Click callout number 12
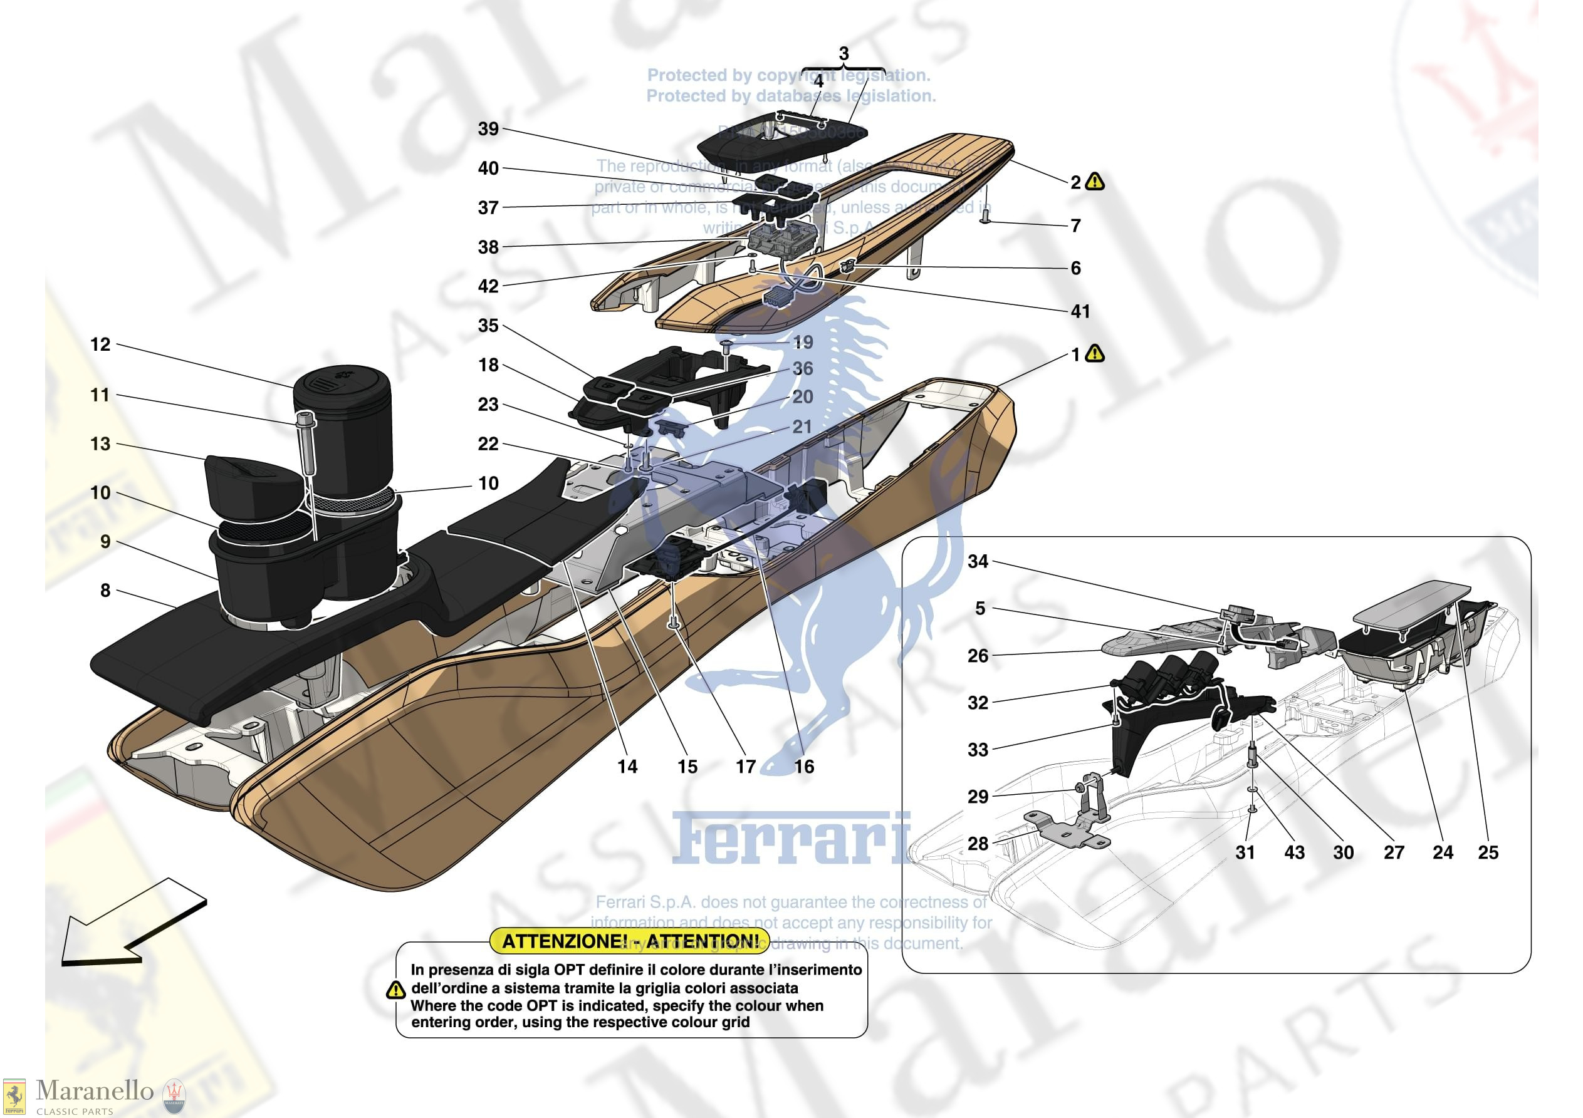point(101,344)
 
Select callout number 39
point(488,129)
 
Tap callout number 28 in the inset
point(978,843)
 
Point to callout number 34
point(978,561)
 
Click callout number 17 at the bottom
point(745,767)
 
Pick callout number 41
point(1080,311)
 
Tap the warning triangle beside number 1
point(1095,354)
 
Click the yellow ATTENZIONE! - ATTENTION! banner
point(630,941)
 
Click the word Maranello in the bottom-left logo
point(95,1090)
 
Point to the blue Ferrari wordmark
point(791,839)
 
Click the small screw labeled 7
point(985,219)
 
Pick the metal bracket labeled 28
point(1065,832)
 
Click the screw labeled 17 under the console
point(673,624)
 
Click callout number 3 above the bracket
point(844,54)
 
